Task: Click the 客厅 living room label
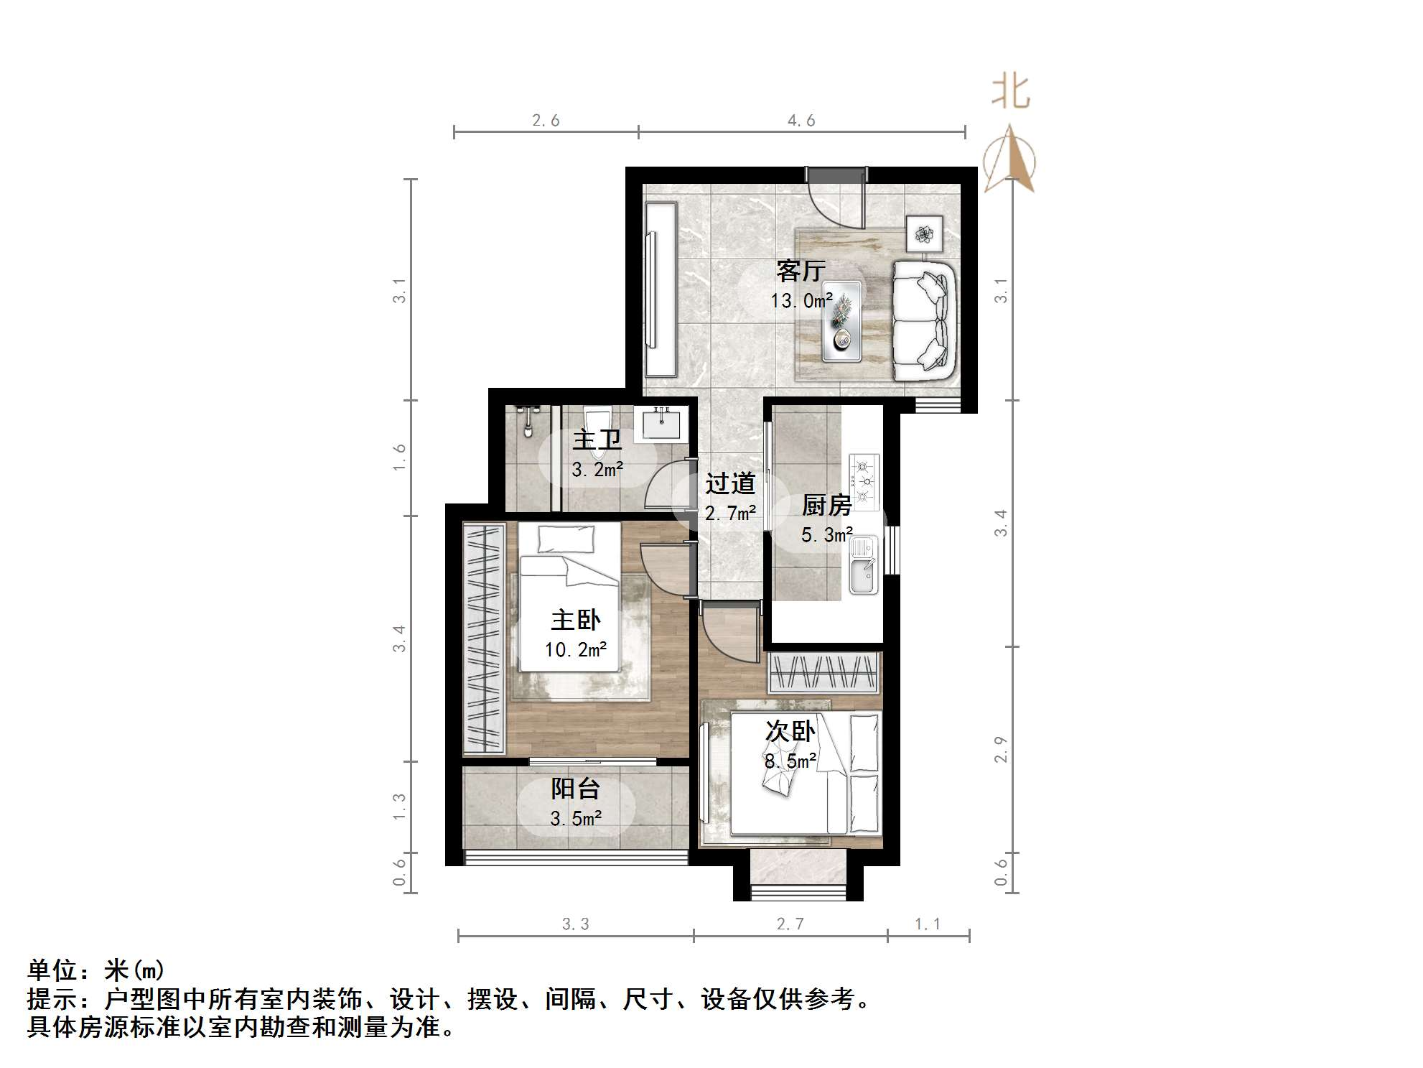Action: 801,271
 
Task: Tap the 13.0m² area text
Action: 801,301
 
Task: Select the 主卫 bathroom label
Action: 597,440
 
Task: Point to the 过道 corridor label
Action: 729,484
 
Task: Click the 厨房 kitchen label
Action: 826,506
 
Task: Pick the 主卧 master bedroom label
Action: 576,620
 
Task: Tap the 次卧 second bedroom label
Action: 790,732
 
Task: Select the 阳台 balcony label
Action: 576,789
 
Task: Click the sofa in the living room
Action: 925,320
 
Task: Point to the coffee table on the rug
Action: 841,321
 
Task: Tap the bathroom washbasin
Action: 661,424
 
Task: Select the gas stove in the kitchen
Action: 864,481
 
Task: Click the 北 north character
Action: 1011,92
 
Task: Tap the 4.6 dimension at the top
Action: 801,121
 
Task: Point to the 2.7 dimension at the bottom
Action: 790,924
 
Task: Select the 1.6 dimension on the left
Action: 400,458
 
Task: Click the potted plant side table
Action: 924,233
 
